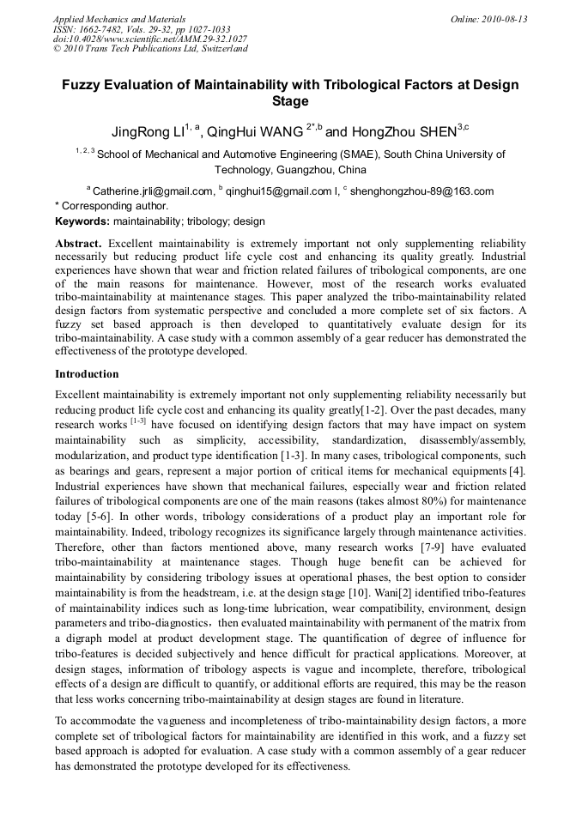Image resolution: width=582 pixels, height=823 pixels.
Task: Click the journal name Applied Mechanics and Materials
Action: [119, 19]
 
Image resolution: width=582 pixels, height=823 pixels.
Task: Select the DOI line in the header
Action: [150, 39]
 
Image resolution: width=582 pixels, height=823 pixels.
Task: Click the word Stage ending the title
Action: [290, 101]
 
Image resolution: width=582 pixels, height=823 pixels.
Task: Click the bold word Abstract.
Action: [79, 244]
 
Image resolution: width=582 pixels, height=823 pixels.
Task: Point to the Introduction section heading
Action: [87, 374]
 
